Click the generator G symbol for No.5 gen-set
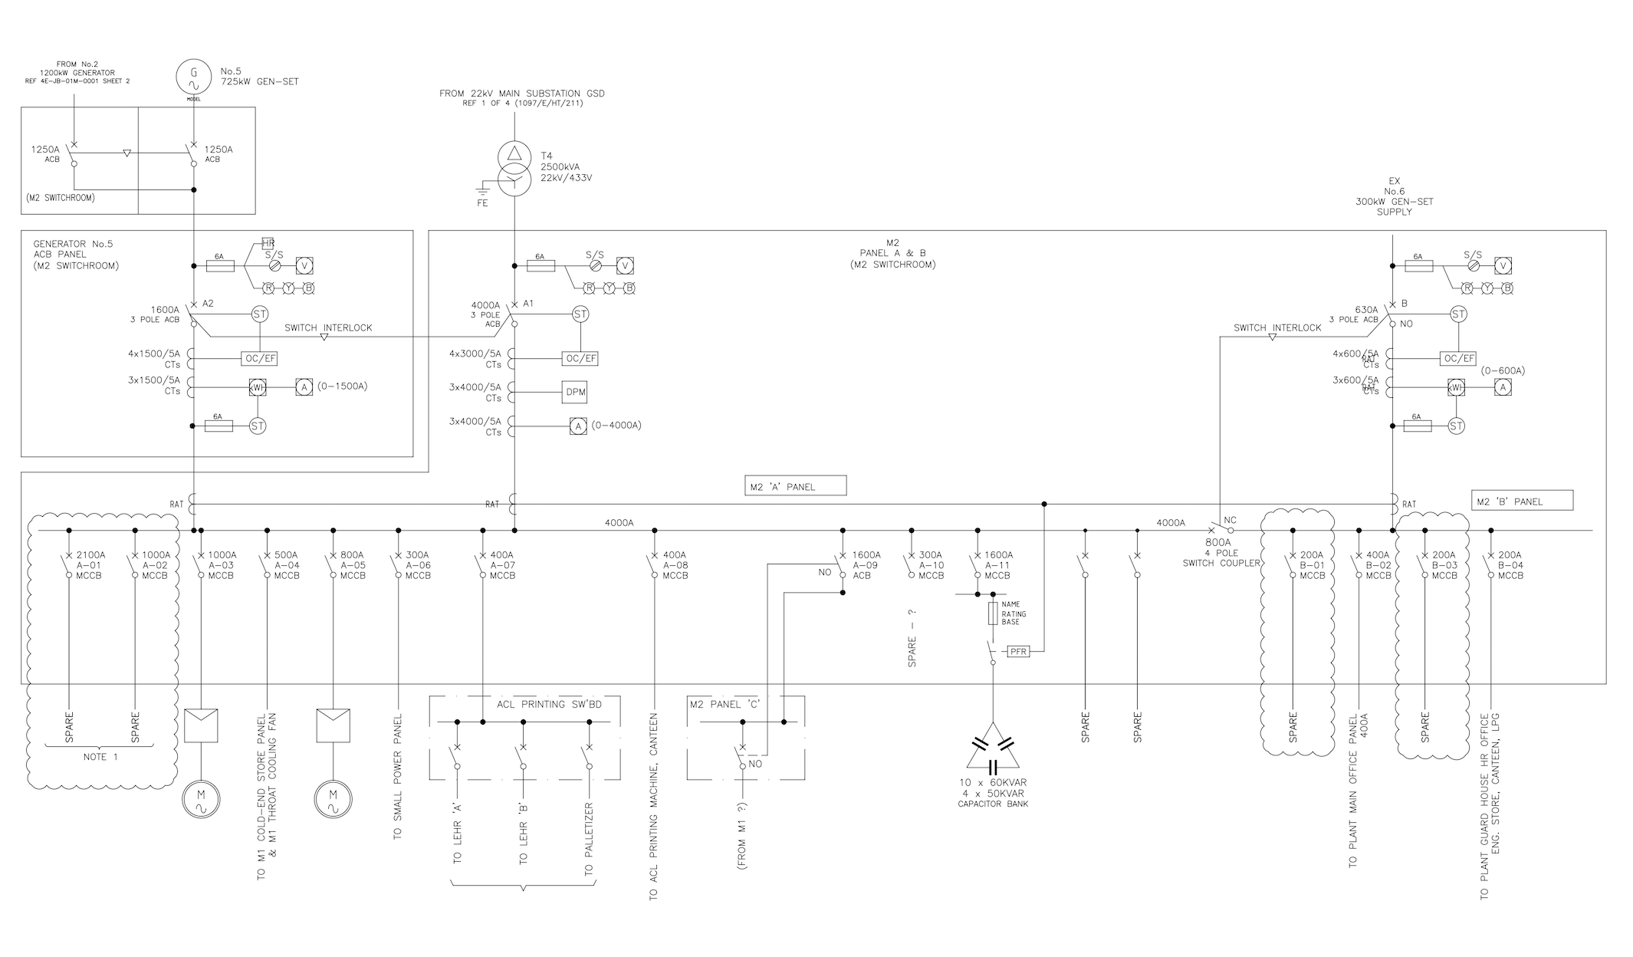tap(193, 77)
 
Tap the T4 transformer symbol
tap(514, 168)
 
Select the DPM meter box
tap(575, 392)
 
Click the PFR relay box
tap(1018, 651)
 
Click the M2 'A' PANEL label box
tap(795, 486)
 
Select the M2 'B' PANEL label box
tap(1522, 502)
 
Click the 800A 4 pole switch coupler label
tap(1221, 552)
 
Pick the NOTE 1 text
tap(95, 757)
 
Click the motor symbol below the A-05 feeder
tap(333, 801)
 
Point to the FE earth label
tap(482, 203)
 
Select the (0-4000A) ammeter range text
tap(616, 425)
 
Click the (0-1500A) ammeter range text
tap(342, 386)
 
